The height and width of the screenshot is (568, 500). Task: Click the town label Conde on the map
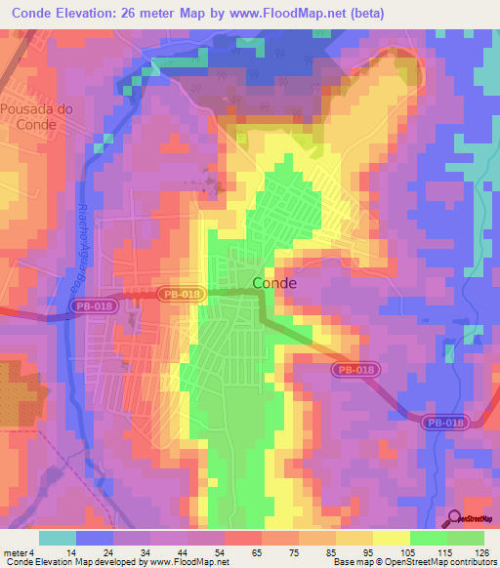tap(274, 282)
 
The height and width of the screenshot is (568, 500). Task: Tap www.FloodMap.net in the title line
tap(294, 14)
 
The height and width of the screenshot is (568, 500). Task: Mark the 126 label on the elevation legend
tap(483, 551)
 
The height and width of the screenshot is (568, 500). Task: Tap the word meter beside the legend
tap(14, 551)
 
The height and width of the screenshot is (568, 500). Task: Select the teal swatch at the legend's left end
tap(58, 538)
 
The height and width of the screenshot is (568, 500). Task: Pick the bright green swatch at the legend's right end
tap(466, 538)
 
